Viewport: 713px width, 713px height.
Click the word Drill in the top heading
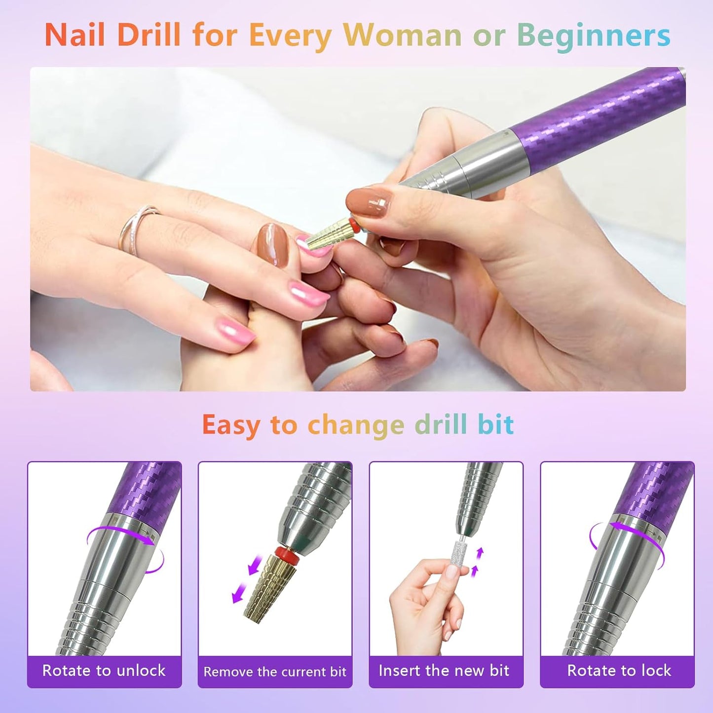149,35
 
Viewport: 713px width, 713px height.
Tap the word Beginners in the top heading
594,36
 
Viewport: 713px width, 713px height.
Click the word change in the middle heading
356,425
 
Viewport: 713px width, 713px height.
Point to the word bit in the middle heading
495,425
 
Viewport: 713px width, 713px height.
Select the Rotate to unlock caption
104,671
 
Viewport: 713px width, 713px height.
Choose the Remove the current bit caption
275,672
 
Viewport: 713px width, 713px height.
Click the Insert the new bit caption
444,671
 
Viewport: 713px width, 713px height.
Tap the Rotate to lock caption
619,671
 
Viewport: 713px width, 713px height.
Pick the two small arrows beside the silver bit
477,563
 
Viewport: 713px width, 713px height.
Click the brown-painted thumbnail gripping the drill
368,202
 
